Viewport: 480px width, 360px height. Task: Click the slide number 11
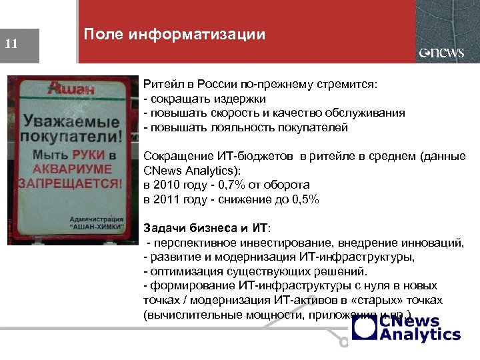click(11, 45)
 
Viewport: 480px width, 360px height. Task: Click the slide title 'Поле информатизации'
click(174, 35)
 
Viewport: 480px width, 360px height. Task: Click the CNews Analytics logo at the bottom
click(406, 327)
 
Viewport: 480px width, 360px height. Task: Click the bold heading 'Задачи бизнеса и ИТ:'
click(207, 228)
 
